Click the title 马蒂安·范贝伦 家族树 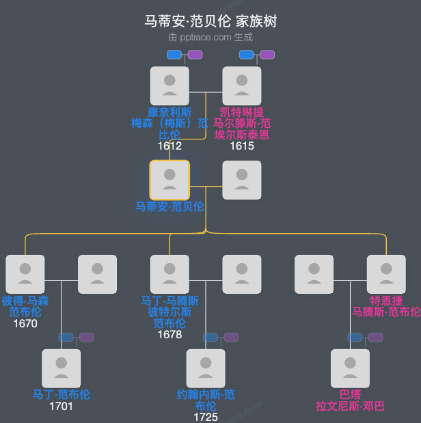210,22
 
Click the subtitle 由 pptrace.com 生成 210,38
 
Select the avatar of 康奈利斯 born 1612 169,85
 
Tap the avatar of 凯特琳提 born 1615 242,85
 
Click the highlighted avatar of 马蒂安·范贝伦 169,180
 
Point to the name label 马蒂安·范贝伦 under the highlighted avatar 169,206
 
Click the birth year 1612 169,146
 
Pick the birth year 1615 242,146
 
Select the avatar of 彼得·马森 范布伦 25,274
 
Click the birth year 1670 25,323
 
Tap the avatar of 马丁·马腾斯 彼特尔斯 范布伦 169,274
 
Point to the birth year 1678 169,334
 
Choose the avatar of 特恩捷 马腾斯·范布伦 387,274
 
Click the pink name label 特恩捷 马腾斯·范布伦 387,306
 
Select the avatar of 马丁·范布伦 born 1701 62,368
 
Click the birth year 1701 62,406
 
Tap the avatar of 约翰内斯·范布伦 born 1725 206,368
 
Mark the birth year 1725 206,417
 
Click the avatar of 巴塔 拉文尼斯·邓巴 351,368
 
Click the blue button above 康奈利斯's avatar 174,55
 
